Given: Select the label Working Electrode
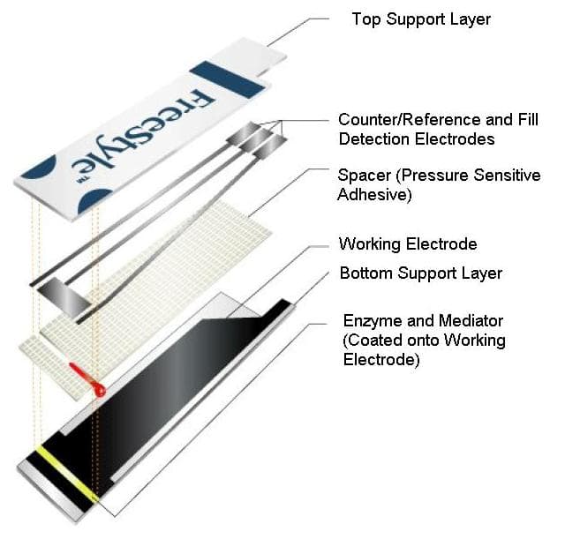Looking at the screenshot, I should coord(408,243).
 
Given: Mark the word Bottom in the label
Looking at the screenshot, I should coord(365,273).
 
